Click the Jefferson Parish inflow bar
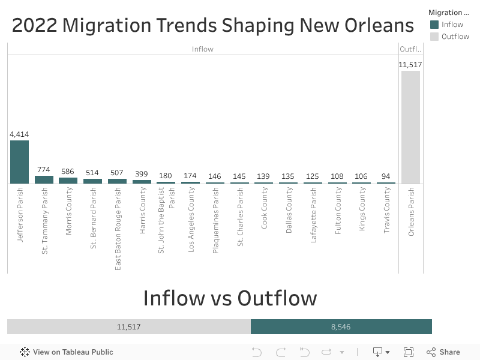pyautogui.click(x=19, y=162)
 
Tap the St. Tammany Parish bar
pyautogui.click(x=44, y=179)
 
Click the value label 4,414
pyautogui.click(x=19, y=134)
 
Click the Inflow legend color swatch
pyautogui.click(x=434, y=25)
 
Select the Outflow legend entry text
pyautogui.click(x=455, y=37)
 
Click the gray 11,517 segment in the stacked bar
pyautogui.click(x=128, y=327)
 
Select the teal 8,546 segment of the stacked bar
pyautogui.click(x=341, y=327)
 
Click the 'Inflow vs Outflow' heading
pyautogui.click(x=230, y=298)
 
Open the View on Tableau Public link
pyautogui.click(x=67, y=352)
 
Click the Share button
pyautogui.click(x=443, y=352)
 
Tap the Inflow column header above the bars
pyautogui.click(x=202, y=49)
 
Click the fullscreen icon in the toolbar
pyautogui.click(x=409, y=352)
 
